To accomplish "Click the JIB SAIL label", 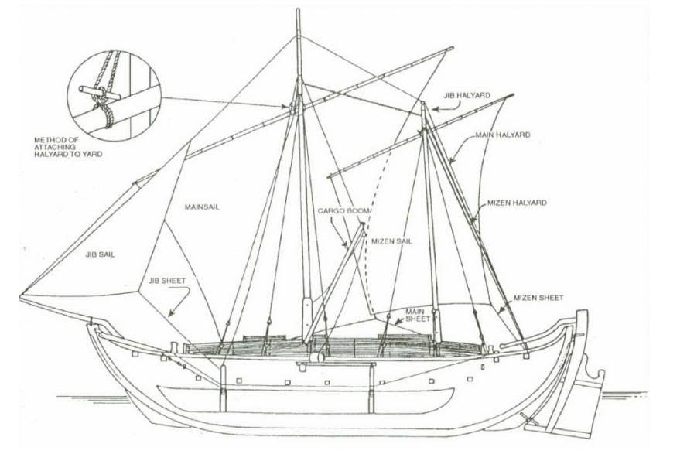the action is point(101,254).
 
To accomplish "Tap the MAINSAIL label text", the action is point(202,207).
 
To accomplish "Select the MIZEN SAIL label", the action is point(391,241).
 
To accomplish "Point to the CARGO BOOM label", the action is point(344,211).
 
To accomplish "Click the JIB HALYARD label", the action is point(467,95).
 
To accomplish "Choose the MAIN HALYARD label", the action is point(503,135).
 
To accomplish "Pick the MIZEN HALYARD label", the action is point(517,203).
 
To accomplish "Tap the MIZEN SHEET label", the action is point(538,298).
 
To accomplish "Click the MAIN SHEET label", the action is point(418,316).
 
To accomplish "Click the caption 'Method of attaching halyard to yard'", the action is point(68,147).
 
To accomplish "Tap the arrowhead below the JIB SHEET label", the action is point(170,313).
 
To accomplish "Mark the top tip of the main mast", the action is point(298,9).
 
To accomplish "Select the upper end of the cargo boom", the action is point(363,225).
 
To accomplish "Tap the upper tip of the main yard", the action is point(451,48).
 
